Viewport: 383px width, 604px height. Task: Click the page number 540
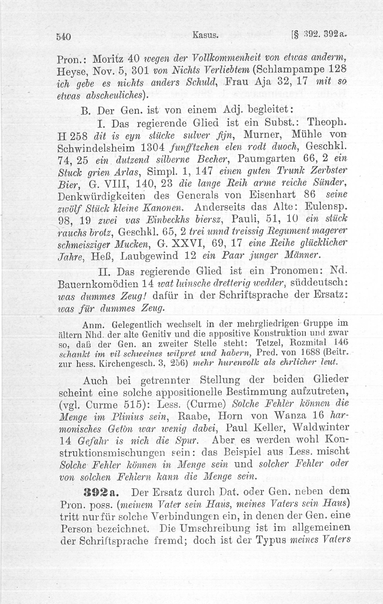point(64,37)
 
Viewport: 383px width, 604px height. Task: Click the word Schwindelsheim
point(96,148)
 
